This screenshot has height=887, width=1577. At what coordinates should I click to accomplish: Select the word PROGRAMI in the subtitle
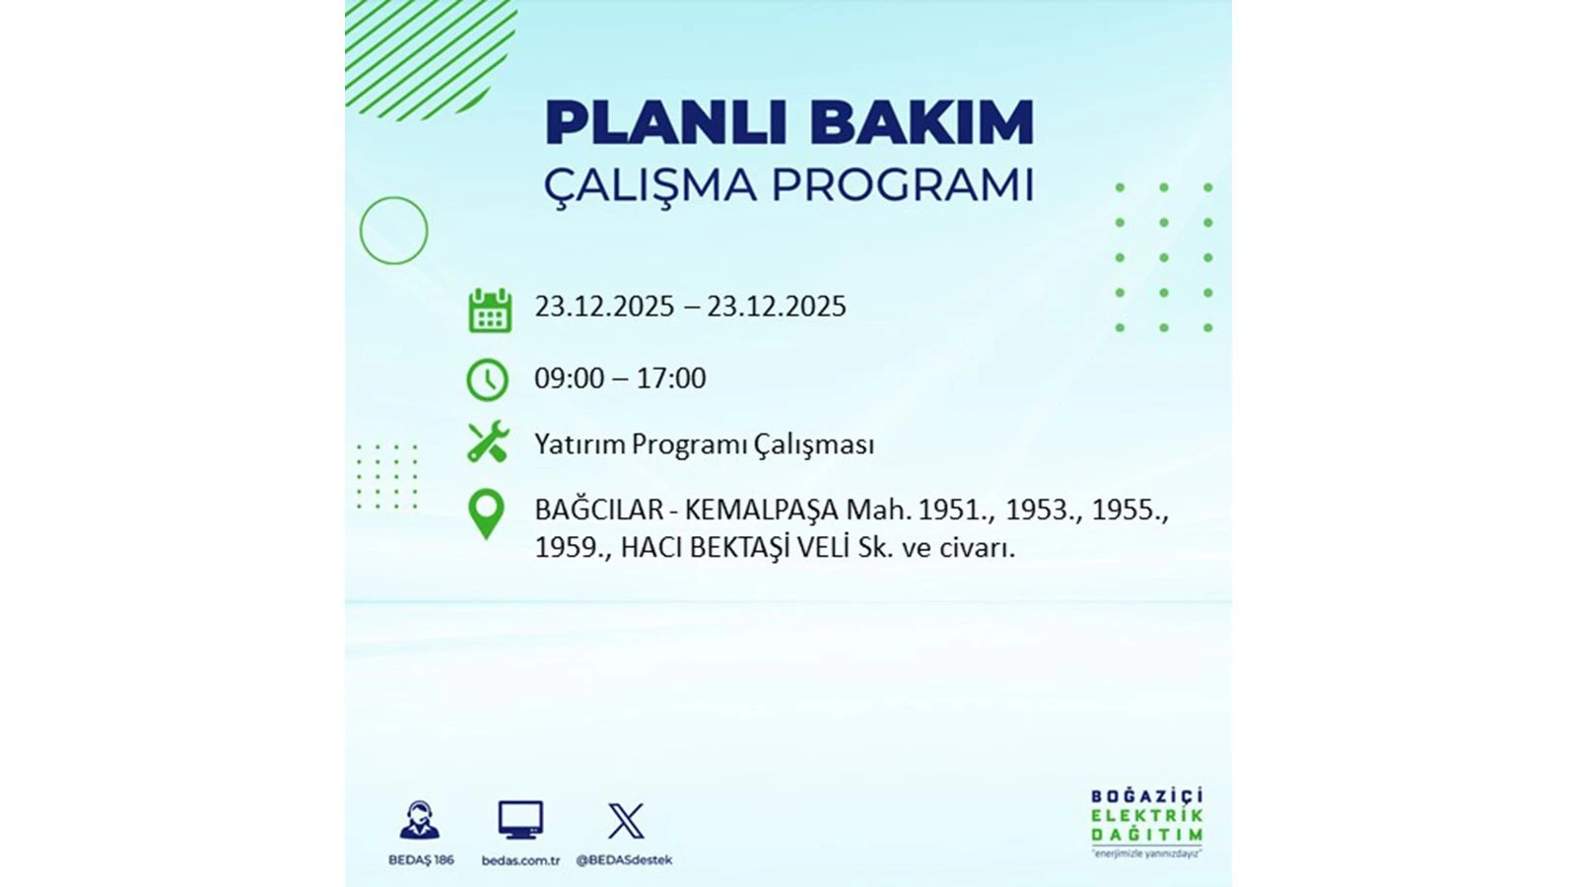903,185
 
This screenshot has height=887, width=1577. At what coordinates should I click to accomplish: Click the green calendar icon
490,309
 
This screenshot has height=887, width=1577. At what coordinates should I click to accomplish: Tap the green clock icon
487,380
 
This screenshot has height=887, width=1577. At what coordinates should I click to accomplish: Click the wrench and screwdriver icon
488,442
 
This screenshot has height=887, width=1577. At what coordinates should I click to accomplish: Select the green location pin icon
487,514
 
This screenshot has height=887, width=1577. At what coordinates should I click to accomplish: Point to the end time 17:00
671,378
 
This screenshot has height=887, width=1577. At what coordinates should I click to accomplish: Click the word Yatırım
580,444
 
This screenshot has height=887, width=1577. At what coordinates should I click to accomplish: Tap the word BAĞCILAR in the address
599,510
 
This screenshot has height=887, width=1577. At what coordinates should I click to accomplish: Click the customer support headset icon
420,820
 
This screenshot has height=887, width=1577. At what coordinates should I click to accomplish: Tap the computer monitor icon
521,820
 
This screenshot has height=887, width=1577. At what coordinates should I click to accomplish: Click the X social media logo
626,821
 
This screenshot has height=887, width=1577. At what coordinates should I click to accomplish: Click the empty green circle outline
360,231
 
